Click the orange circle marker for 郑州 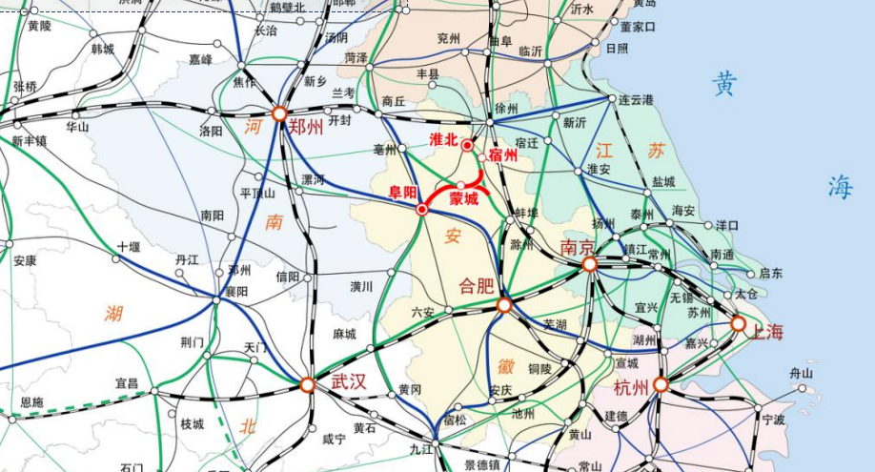(279, 113)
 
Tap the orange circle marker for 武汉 (307, 385)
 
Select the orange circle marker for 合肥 (504, 305)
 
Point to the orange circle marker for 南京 (590, 264)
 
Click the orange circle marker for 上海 (738, 324)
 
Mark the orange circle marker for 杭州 (660, 385)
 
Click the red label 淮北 (444, 139)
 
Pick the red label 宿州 (501, 154)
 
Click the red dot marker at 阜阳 (421, 209)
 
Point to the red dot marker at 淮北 (467, 145)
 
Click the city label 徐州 (506, 109)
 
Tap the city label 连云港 (636, 100)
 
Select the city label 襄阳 (235, 292)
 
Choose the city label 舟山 (802, 374)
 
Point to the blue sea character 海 (840, 187)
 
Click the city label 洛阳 (211, 132)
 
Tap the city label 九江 (421, 448)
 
